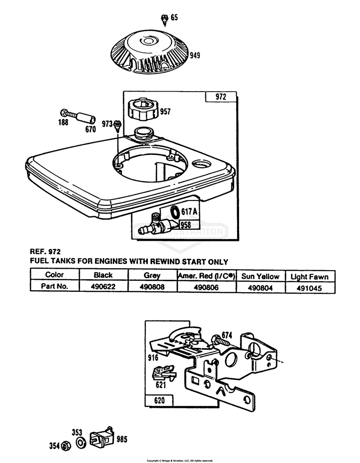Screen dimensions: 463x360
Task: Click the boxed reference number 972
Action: click(x=220, y=97)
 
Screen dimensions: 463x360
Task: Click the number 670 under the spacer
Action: click(x=90, y=129)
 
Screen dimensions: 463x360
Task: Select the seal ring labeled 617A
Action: click(x=175, y=211)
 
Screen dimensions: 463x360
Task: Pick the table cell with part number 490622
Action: click(x=103, y=286)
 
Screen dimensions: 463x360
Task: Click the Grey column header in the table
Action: click(x=152, y=275)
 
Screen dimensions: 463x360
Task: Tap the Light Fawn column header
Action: click(x=310, y=276)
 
